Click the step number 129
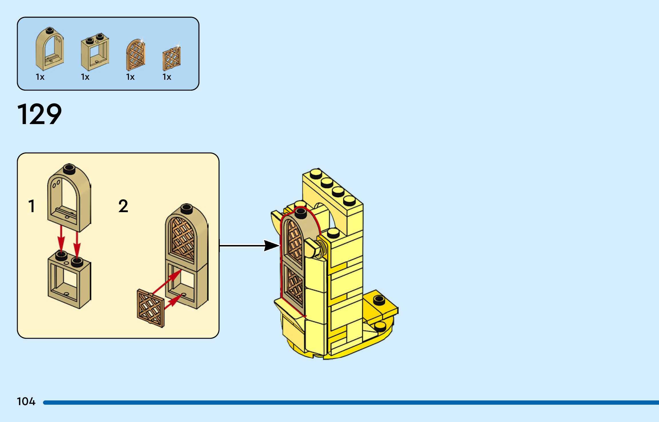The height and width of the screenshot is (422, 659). click(39, 114)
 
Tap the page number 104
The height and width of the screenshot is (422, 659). click(26, 401)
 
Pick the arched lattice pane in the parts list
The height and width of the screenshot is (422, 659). click(136, 55)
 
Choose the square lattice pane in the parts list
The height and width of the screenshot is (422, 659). click(171, 59)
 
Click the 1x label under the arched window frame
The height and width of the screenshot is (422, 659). click(40, 77)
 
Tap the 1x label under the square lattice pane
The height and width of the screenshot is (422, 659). click(167, 77)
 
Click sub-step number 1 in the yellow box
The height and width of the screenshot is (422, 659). click(32, 206)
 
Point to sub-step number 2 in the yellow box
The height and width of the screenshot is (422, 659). click(123, 206)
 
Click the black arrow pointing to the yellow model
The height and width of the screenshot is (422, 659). click(249, 246)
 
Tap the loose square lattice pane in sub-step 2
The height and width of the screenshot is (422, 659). click(151, 308)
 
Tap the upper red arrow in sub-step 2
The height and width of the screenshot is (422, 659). click(167, 282)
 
